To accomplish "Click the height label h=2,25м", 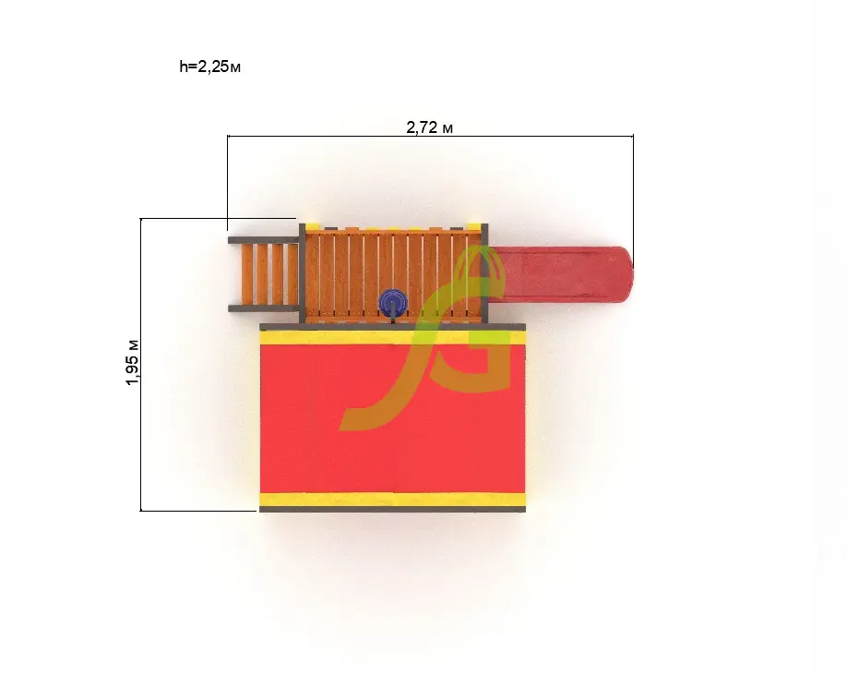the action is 210,66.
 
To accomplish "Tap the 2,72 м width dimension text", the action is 429,127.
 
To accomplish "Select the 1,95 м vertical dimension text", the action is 132,362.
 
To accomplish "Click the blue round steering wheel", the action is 393,302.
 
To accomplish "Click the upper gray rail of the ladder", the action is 264,240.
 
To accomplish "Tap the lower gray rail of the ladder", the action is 264,308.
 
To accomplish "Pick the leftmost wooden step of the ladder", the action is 247,274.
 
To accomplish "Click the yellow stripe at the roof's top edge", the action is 393,337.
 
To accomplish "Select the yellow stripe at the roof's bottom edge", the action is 393,500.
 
